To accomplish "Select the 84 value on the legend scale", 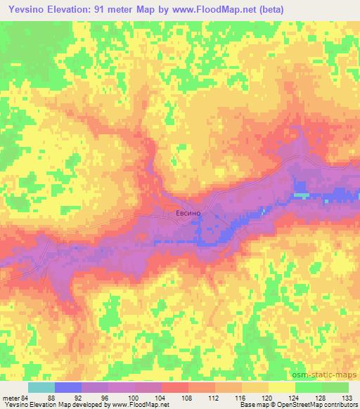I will point(25,398).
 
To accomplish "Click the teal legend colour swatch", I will point(41,387).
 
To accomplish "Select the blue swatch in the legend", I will point(68,387).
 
